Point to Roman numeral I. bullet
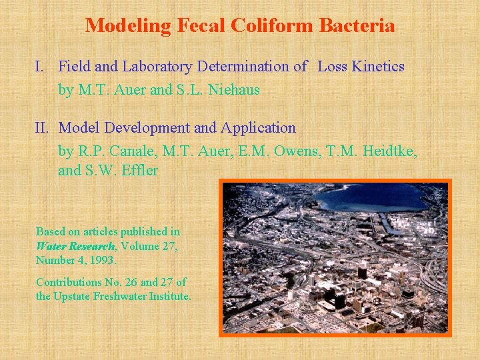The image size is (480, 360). pos(40,67)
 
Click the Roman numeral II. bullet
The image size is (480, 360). pos(43,128)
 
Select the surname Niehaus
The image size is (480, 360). pos(235,90)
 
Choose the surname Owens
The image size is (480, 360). pos(283,151)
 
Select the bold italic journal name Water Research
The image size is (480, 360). pos(75,246)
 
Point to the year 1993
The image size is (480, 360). pos(103,260)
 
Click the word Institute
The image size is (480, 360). pos(168,296)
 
